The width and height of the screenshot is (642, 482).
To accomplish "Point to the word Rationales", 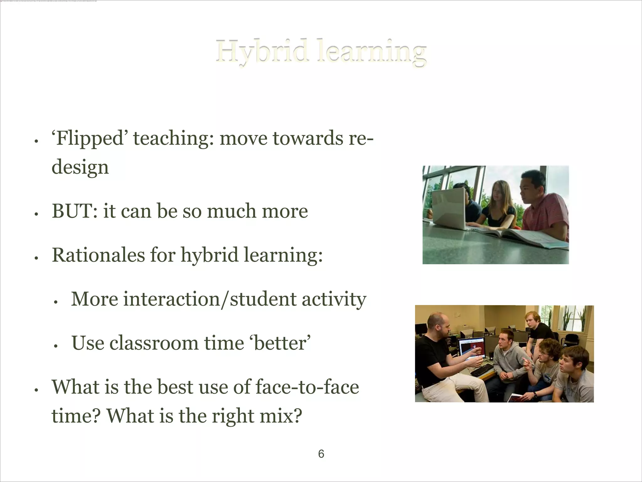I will point(98,255).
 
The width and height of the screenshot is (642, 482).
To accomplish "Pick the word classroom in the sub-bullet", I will point(154,343).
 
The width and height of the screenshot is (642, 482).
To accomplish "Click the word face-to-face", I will point(307,387).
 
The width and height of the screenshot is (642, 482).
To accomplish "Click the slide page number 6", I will point(321,454).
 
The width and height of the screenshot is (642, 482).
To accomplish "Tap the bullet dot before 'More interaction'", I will point(55,302).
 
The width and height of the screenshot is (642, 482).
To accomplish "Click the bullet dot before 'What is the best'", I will point(36,390).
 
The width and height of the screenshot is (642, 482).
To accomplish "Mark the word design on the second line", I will point(80,167).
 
